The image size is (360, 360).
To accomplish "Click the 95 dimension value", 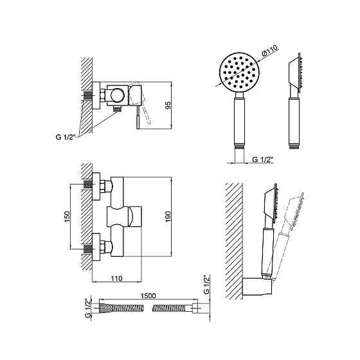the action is tap(168, 105).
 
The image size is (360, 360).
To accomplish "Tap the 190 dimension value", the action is tap(168, 217).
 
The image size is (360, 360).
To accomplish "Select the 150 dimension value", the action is tap(67, 217).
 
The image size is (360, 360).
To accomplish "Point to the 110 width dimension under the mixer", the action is tap(116, 278).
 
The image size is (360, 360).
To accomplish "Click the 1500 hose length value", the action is tap(148, 296).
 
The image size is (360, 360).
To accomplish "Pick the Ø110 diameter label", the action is tap(270, 51).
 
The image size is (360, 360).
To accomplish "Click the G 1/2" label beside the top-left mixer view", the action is tap(66, 137).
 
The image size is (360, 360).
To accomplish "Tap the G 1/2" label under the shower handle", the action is tap(262, 159).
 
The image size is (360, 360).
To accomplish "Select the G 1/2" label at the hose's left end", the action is tap(88, 308).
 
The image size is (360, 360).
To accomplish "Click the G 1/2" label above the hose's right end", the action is tap(206, 284).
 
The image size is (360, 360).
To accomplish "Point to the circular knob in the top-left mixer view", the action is tap(117, 95).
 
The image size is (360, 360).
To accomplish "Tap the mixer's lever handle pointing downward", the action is tap(138, 117).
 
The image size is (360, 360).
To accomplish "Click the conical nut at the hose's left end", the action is tap(105, 308).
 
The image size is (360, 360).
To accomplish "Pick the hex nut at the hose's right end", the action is tap(195, 308).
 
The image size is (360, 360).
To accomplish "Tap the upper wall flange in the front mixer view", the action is tap(96, 186).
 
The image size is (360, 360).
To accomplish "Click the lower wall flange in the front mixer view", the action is tap(96, 247).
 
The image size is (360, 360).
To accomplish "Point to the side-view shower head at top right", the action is tap(294, 101).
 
